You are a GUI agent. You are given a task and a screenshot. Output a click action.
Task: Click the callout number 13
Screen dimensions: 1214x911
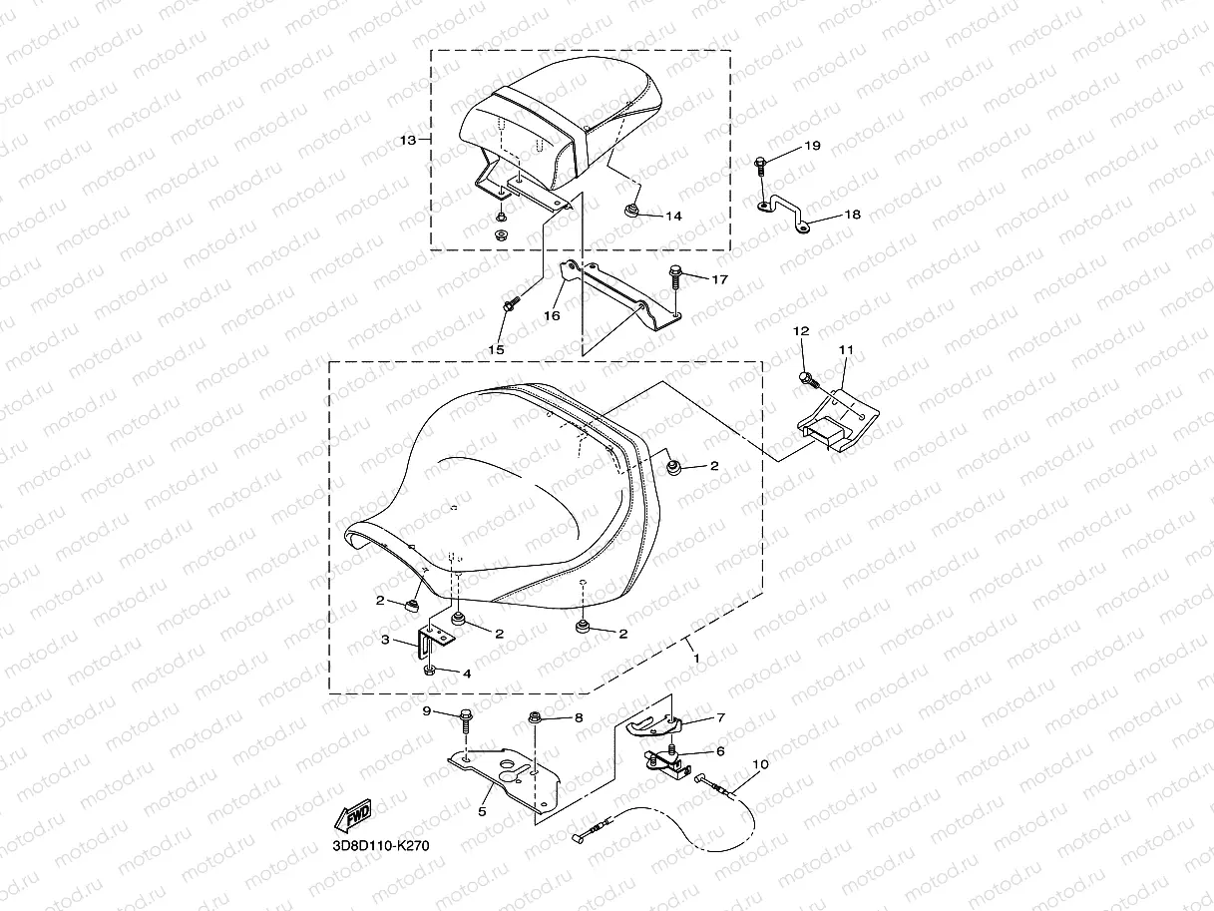pos(408,141)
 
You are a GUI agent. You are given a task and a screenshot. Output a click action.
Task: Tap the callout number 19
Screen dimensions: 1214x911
pos(812,146)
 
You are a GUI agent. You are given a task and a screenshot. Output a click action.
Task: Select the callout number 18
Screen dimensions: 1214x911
pos(852,215)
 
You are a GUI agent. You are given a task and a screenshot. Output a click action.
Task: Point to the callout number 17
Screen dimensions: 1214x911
pos(719,279)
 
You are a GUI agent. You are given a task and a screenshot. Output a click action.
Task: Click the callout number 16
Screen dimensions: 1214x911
pos(552,315)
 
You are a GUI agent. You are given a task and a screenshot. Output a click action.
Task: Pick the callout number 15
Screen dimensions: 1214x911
pos(496,349)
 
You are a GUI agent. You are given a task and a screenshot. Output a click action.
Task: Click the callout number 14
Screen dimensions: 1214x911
pos(673,216)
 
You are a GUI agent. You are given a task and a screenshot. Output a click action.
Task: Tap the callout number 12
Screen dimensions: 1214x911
pos(801,330)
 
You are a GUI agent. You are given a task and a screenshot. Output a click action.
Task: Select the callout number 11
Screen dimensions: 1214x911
pos(846,349)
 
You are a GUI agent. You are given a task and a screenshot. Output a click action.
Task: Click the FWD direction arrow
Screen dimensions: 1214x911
pos(352,815)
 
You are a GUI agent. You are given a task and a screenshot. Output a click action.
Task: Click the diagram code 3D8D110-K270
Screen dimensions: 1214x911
pos(380,846)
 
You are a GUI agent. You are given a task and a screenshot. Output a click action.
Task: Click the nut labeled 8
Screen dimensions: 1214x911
pos(535,718)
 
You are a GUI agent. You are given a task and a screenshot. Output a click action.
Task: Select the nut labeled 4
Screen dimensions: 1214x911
pos(429,671)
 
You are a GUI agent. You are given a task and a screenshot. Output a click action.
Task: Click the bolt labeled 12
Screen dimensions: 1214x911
pos(808,380)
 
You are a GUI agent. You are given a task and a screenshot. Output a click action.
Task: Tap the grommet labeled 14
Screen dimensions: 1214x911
pos(630,211)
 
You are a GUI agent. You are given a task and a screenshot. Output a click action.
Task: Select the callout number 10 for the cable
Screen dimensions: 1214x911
pos(760,764)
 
